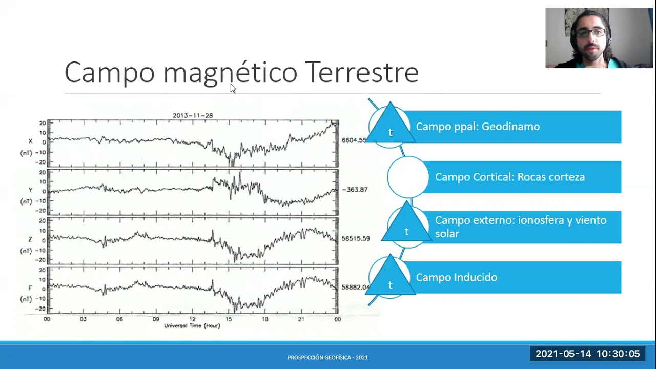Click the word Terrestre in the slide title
(362, 72)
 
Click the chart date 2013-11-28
(193, 115)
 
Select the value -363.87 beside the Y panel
(355, 190)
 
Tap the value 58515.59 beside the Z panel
(356, 239)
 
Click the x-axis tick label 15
(229, 319)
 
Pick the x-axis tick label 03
(83, 319)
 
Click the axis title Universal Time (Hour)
(192, 326)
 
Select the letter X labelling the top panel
(30, 141)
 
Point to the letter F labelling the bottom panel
(30, 289)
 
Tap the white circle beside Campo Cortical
(408, 177)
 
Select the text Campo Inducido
(456, 277)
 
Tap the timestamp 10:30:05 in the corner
(618, 354)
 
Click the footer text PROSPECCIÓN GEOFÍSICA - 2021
(327, 358)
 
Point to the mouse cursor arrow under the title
(233, 88)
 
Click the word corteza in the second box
(566, 177)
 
